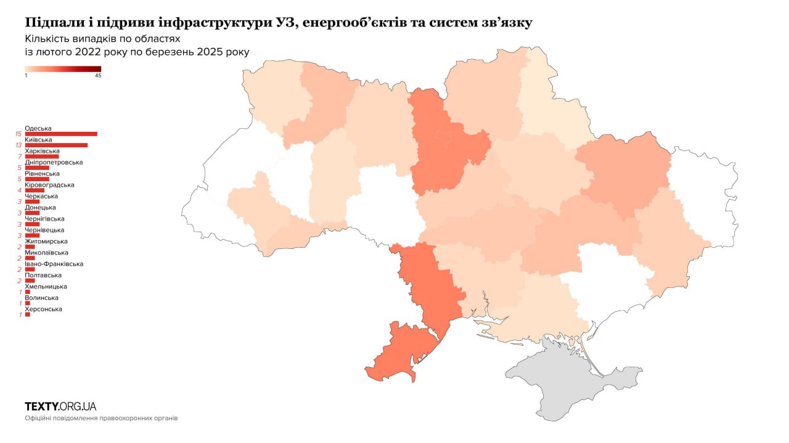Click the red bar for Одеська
tap(61, 134)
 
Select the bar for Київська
tap(56, 145)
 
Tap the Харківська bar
tap(42, 156)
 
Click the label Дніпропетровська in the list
tap(54, 163)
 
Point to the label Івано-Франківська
tap(54, 264)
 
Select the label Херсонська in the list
tap(43, 309)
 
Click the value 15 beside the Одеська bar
tap(19, 134)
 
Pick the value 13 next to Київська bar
tap(19, 145)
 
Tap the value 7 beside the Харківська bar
tap(20, 156)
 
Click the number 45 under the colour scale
tap(98, 76)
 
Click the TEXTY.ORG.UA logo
tap(60, 406)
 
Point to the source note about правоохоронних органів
tap(101, 418)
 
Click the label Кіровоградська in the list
tap(49, 185)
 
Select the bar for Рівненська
tap(37, 179)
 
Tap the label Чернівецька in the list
tap(45, 230)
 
